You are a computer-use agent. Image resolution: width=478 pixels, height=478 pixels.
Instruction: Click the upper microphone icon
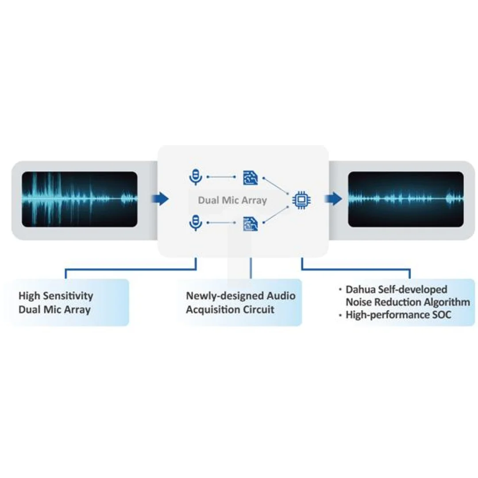click(196, 177)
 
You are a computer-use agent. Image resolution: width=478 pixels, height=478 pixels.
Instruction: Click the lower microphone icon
click(196, 223)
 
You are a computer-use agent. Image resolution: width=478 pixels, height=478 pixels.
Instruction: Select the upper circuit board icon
click(251, 178)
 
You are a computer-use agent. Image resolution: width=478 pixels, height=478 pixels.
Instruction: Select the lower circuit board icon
click(251, 224)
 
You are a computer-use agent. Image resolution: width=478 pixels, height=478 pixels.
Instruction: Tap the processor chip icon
click(301, 200)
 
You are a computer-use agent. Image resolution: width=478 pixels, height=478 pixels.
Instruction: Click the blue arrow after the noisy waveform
click(160, 199)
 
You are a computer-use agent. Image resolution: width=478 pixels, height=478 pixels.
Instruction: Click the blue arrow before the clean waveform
click(334, 199)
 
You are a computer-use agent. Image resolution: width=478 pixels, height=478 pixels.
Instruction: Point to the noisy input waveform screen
click(80, 199)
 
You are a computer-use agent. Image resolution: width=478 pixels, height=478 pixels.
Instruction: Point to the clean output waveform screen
click(406, 199)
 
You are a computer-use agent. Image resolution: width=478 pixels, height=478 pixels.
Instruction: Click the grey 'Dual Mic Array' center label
click(233, 200)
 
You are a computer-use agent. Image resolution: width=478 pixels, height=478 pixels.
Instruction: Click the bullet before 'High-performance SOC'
click(340, 315)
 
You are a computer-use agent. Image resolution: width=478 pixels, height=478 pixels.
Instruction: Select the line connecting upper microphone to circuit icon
click(221, 177)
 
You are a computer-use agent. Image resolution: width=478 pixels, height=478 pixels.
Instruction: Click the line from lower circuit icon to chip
click(276, 215)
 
